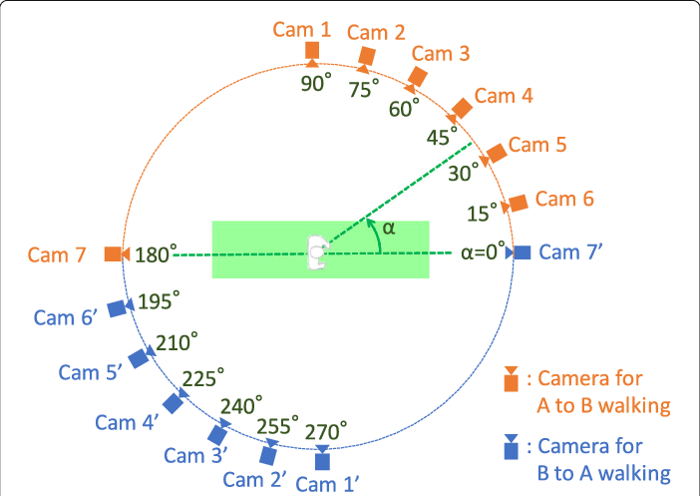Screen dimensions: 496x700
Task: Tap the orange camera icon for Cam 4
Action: pyautogui.click(x=461, y=110)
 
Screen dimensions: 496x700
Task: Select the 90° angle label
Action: pyautogui.click(x=315, y=84)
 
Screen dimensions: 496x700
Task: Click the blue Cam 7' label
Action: pyautogui.click(x=570, y=252)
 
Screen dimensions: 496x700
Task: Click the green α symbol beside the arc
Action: pyautogui.click(x=389, y=228)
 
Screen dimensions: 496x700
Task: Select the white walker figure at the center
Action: pyautogui.click(x=317, y=252)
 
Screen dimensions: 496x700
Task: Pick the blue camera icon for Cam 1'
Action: pyautogui.click(x=321, y=458)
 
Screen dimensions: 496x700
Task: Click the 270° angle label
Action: pyautogui.click(x=326, y=431)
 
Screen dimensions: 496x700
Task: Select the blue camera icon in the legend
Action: pyautogui.click(x=511, y=448)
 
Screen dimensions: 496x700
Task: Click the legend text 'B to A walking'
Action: pyautogui.click(x=603, y=473)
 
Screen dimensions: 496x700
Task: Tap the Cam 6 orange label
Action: pyautogui.click(x=564, y=200)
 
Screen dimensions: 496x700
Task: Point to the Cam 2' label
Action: pyautogui.click(x=256, y=479)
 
